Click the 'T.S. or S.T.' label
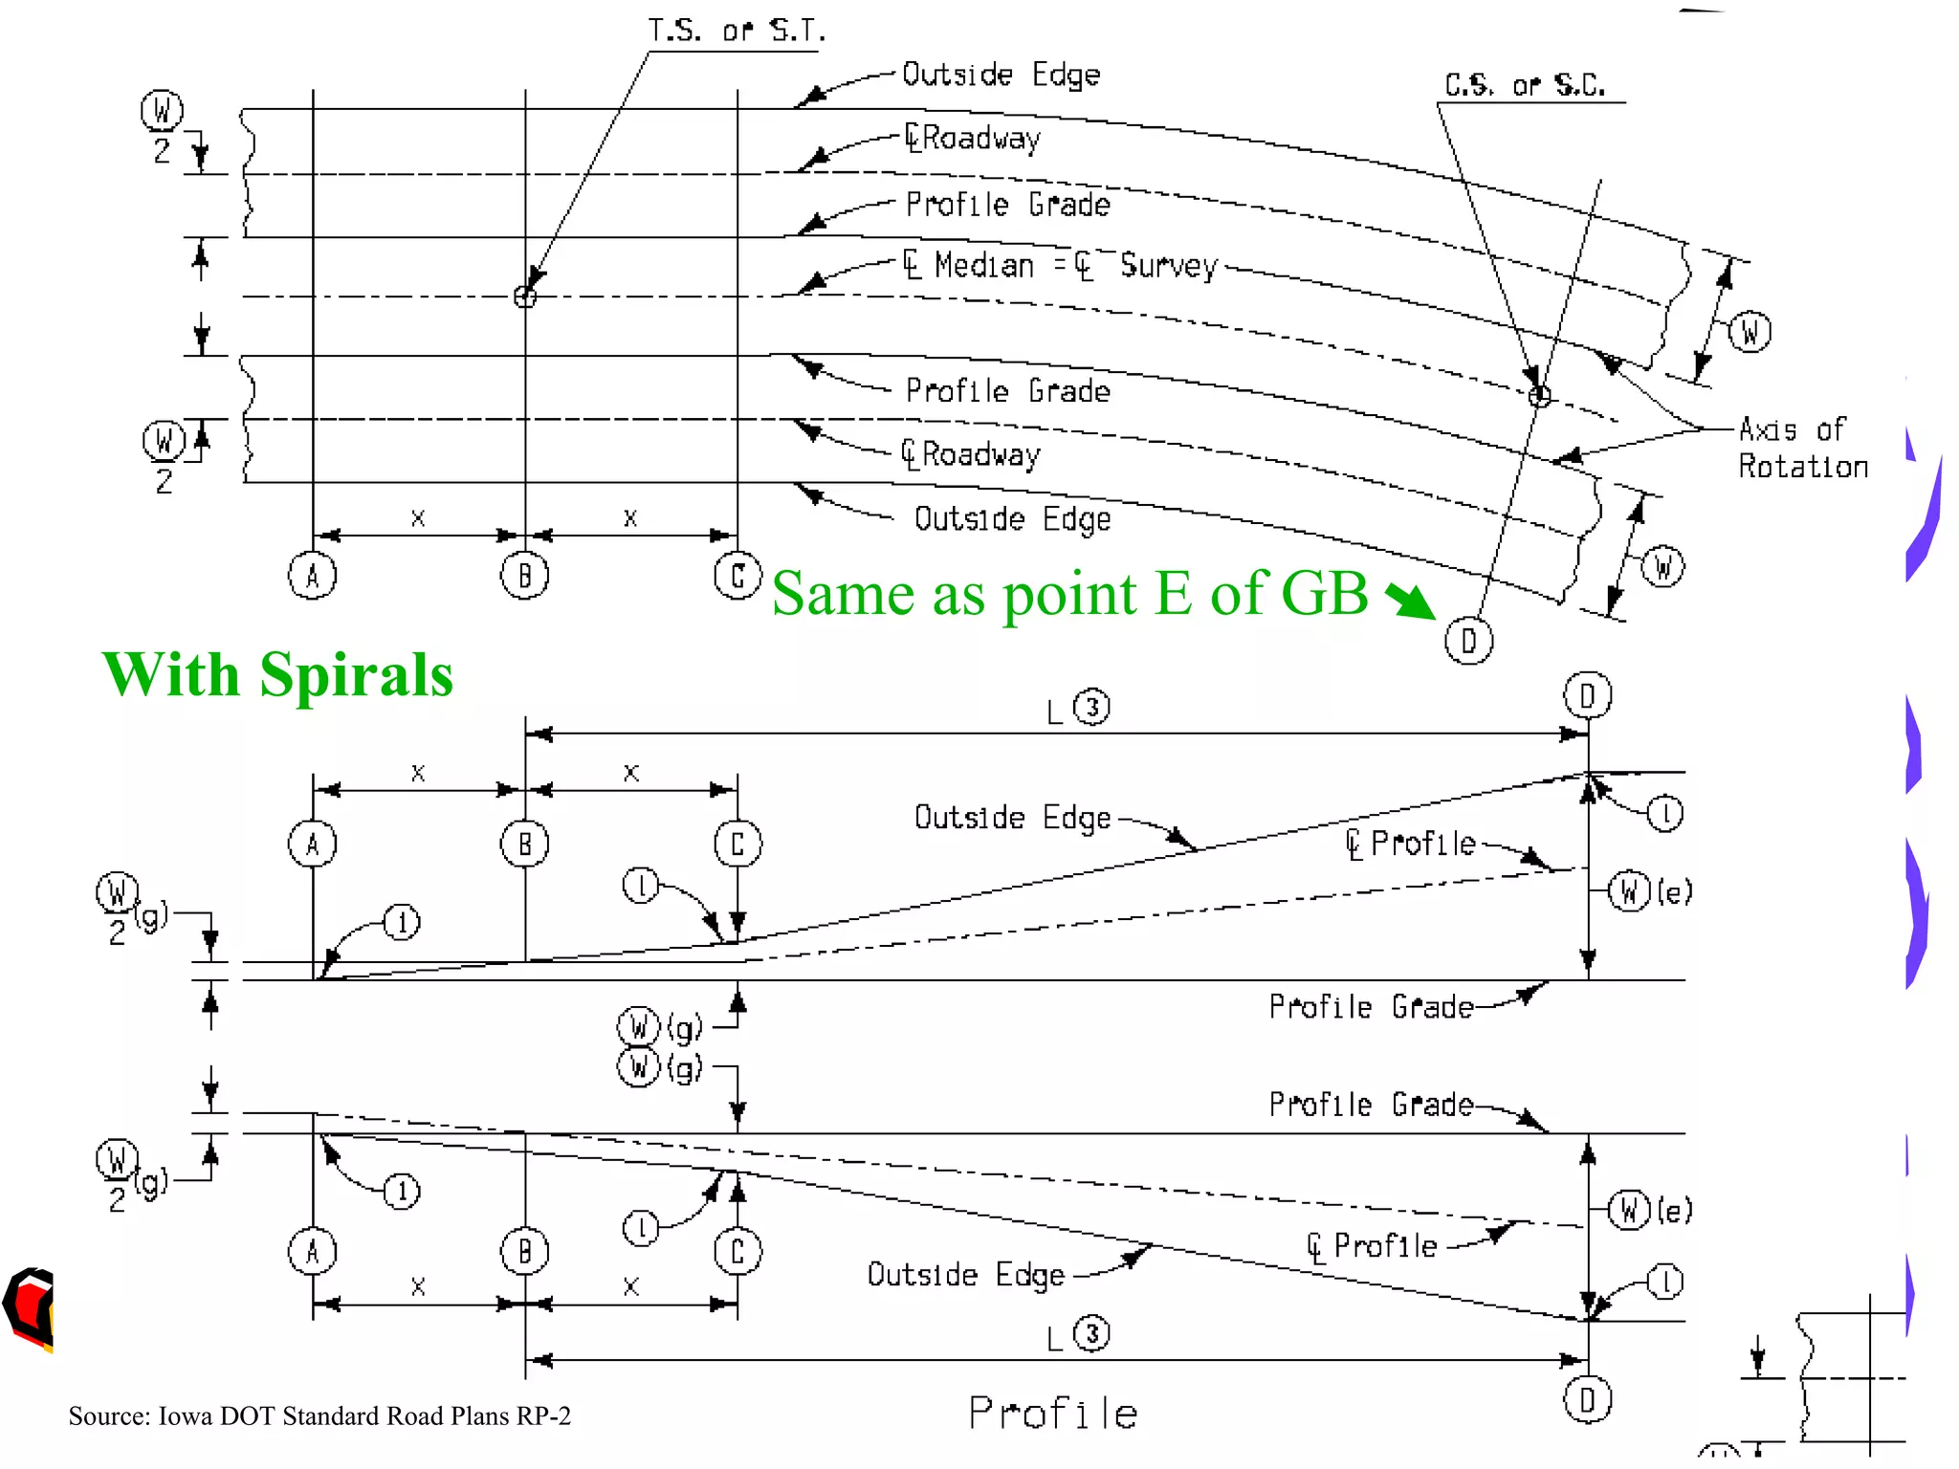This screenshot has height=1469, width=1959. pyautogui.click(x=736, y=32)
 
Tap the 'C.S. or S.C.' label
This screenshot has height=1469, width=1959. pyautogui.click(x=1524, y=86)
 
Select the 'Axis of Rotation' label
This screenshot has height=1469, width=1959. pyautogui.click(x=1802, y=448)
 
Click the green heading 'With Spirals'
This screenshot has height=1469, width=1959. pyautogui.click(x=277, y=674)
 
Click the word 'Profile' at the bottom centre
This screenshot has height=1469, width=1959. pyautogui.click(x=1053, y=1413)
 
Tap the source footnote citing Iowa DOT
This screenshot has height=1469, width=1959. pyautogui.click(x=319, y=1415)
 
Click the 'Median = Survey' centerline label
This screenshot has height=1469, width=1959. pyautogui.click(x=1061, y=265)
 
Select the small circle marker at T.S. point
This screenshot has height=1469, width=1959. pyautogui.click(x=525, y=296)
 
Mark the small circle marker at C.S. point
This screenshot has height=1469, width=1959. pyautogui.click(x=1539, y=395)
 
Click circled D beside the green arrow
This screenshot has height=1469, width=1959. pyautogui.click(x=1468, y=641)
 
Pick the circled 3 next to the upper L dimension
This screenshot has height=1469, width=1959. pyautogui.click(x=1091, y=707)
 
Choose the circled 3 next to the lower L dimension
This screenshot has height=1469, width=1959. pyautogui.click(x=1091, y=1333)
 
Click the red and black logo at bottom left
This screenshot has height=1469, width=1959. pyautogui.click(x=29, y=1307)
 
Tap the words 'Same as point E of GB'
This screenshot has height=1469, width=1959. pyautogui.click(x=1069, y=594)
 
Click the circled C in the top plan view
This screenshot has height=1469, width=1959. pyautogui.click(x=737, y=576)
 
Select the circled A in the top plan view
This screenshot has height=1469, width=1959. pyautogui.click(x=313, y=576)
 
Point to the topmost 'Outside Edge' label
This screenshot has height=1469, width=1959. pyautogui.click(x=1001, y=75)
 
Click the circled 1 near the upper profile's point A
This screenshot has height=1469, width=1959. pyautogui.click(x=402, y=923)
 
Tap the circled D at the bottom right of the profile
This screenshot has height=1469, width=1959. pyautogui.click(x=1588, y=1400)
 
